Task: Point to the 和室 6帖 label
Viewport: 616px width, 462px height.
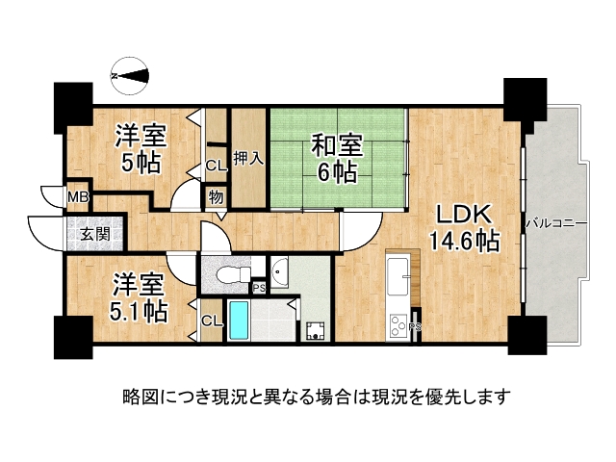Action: point(336,159)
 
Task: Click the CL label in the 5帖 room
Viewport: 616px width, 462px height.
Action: point(216,166)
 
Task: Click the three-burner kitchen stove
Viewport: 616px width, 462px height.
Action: point(397,326)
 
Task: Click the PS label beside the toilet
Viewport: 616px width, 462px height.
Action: point(258,287)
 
